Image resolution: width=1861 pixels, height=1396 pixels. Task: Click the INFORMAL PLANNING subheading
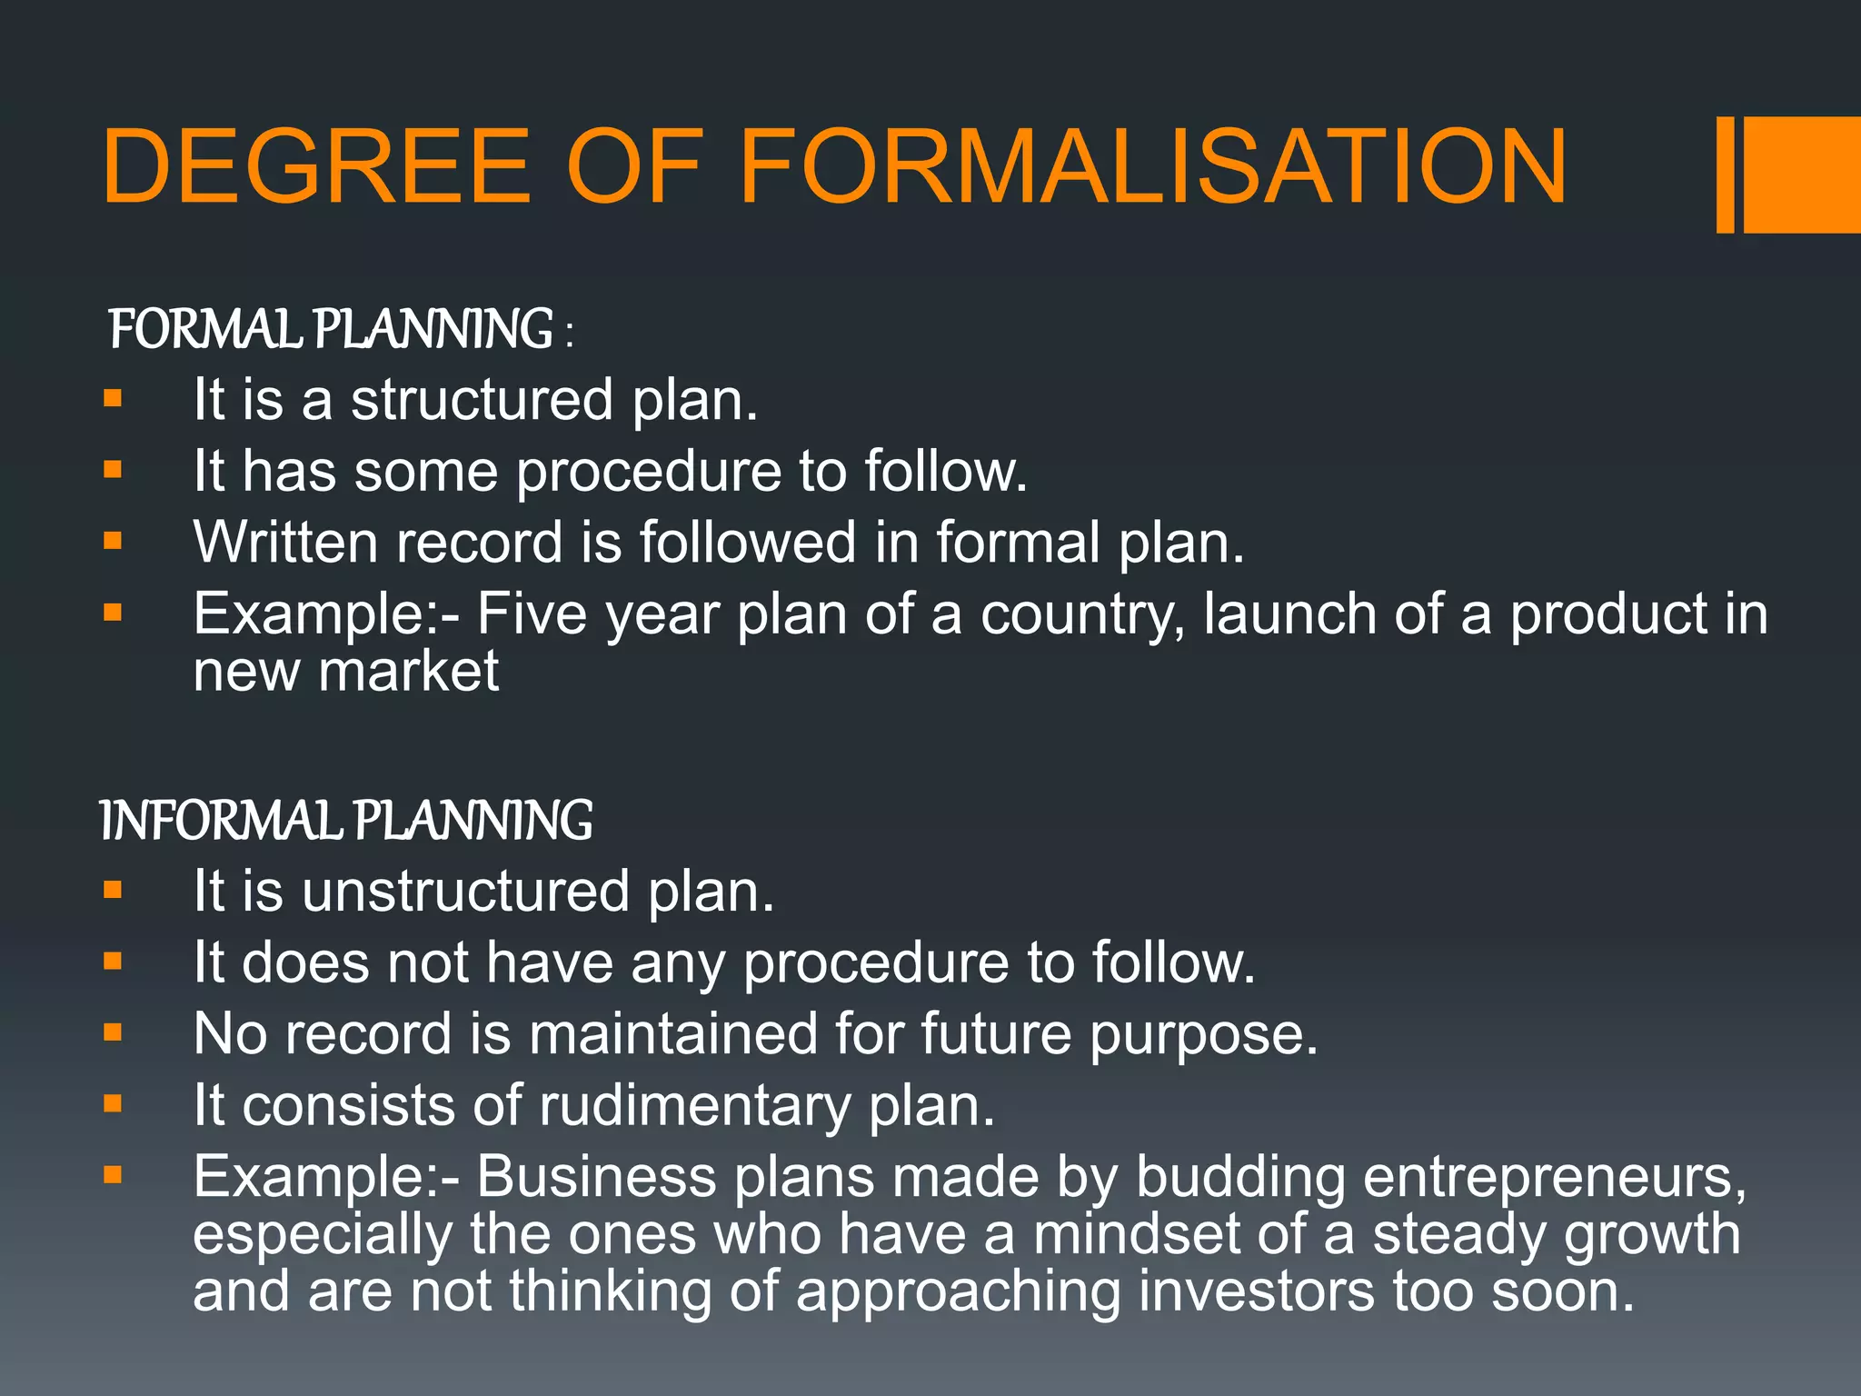pos(345,821)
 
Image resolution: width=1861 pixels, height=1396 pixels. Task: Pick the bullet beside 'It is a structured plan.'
pos(113,398)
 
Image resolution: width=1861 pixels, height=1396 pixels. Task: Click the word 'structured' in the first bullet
pos(482,400)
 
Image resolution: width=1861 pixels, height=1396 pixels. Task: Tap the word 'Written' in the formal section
pos(286,543)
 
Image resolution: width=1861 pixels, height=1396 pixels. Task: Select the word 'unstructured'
pos(466,892)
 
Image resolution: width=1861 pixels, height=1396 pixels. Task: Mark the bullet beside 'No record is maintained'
pos(113,1032)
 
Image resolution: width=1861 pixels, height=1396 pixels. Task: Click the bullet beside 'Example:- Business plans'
pos(113,1176)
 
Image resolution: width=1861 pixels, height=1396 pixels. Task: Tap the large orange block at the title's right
pos(1801,174)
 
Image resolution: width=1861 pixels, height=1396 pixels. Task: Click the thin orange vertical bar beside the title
pos(1725,174)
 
